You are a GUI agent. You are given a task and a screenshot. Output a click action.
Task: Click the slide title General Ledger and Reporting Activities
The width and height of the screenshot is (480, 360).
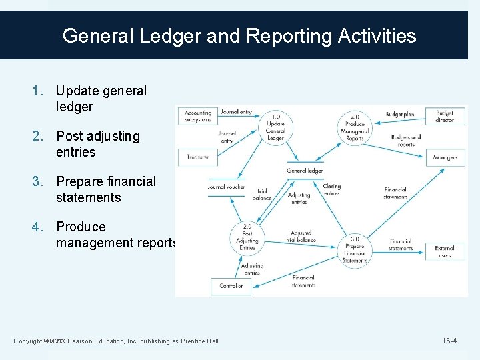239,35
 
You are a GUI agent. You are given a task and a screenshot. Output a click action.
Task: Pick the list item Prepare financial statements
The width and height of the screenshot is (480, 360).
106,189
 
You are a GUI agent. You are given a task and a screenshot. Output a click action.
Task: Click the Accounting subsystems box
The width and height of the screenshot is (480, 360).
198,116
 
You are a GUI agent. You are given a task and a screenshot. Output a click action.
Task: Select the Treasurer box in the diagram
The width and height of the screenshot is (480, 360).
198,157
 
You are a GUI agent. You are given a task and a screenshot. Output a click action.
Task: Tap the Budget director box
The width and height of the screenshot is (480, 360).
445,116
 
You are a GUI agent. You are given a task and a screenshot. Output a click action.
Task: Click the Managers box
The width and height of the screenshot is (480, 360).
445,157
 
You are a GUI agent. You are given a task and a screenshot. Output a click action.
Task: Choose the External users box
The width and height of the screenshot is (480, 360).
445,251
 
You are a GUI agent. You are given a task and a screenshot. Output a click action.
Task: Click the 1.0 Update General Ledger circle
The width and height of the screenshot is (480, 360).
275,127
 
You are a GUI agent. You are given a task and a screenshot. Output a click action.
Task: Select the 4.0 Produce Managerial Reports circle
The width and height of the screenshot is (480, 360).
355,127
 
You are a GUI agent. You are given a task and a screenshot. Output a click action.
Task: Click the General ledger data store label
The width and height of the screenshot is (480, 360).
305,171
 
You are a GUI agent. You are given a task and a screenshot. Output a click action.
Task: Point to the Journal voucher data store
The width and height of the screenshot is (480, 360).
227,187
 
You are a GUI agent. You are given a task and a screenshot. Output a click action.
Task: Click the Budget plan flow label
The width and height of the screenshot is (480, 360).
400,115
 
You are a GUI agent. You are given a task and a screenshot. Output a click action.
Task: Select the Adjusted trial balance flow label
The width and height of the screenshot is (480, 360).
301,237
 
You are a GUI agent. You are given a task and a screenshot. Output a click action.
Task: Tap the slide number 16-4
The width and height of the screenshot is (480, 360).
449,341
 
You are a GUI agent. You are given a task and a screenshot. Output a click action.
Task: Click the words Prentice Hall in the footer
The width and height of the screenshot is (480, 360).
199,341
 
